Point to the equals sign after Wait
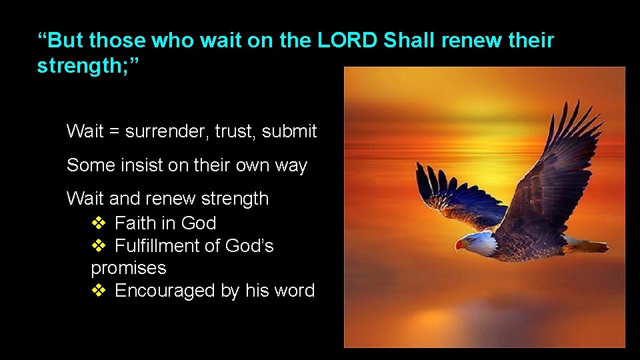click(115, 132)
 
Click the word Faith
click(137, 223)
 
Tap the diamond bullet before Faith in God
click(98, 223)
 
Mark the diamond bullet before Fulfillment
click(98, 247)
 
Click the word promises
click(128, 269)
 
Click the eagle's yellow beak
click(459, 245)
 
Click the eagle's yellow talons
click(570, 248)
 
